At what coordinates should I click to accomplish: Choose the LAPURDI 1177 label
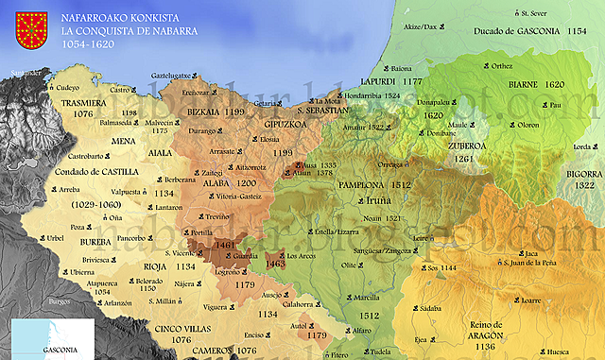tap(398, 82)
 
